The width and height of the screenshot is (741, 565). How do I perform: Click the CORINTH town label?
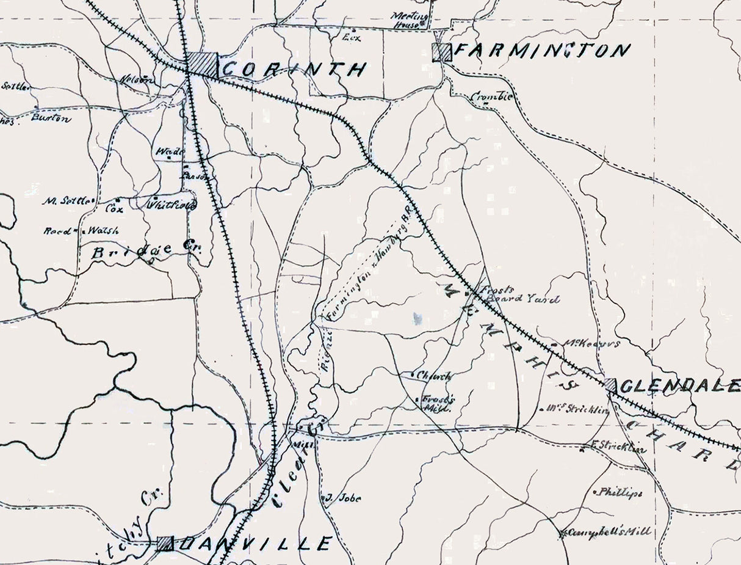[294, 69]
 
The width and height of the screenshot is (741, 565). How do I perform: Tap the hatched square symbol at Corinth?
[202, 64]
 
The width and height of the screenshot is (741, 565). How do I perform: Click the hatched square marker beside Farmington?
[441, 53]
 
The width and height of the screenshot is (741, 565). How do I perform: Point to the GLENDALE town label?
[681, 385]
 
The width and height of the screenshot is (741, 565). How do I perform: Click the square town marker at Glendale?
[610, 384]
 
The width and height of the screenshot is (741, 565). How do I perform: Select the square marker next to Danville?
[164, 543]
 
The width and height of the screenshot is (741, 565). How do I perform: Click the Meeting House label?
[407, 20]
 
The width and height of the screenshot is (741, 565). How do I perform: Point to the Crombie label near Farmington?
[492, 97]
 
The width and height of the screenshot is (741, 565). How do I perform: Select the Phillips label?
[620, 492]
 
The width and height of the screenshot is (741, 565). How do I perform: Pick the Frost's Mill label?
[437, 403]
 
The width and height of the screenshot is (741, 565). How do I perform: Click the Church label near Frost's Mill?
[435, 376]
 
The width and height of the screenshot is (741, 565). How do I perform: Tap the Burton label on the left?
[51, 117]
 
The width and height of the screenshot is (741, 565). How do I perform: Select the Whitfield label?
[172, 205]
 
